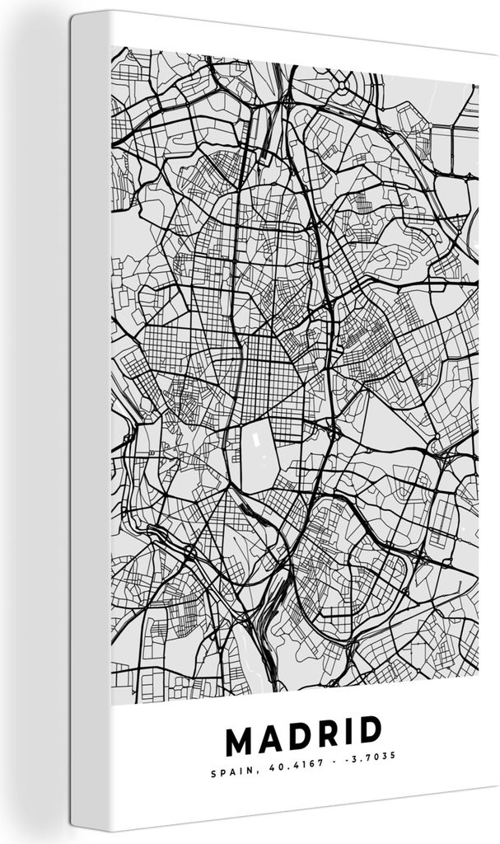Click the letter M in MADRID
240,740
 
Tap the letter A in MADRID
271,740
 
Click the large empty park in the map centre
272,457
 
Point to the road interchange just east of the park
332,431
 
